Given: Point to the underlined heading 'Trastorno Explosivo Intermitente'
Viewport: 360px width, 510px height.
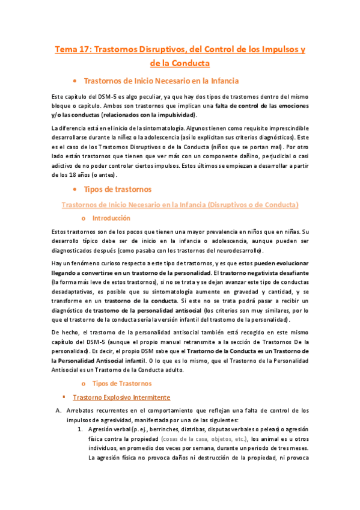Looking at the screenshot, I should [121, 381].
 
